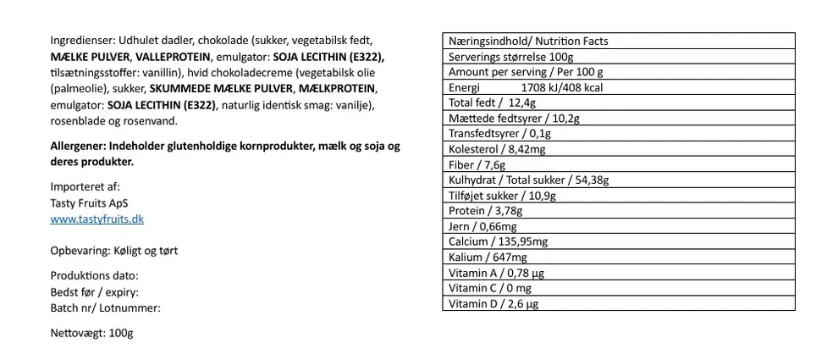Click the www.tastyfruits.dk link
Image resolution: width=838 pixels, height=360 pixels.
97,219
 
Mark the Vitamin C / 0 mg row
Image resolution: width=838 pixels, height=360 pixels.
490,288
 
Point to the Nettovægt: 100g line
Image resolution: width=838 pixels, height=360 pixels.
91,334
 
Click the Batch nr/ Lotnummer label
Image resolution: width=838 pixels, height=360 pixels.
106,307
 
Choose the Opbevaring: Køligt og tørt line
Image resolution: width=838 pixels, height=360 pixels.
113,251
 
